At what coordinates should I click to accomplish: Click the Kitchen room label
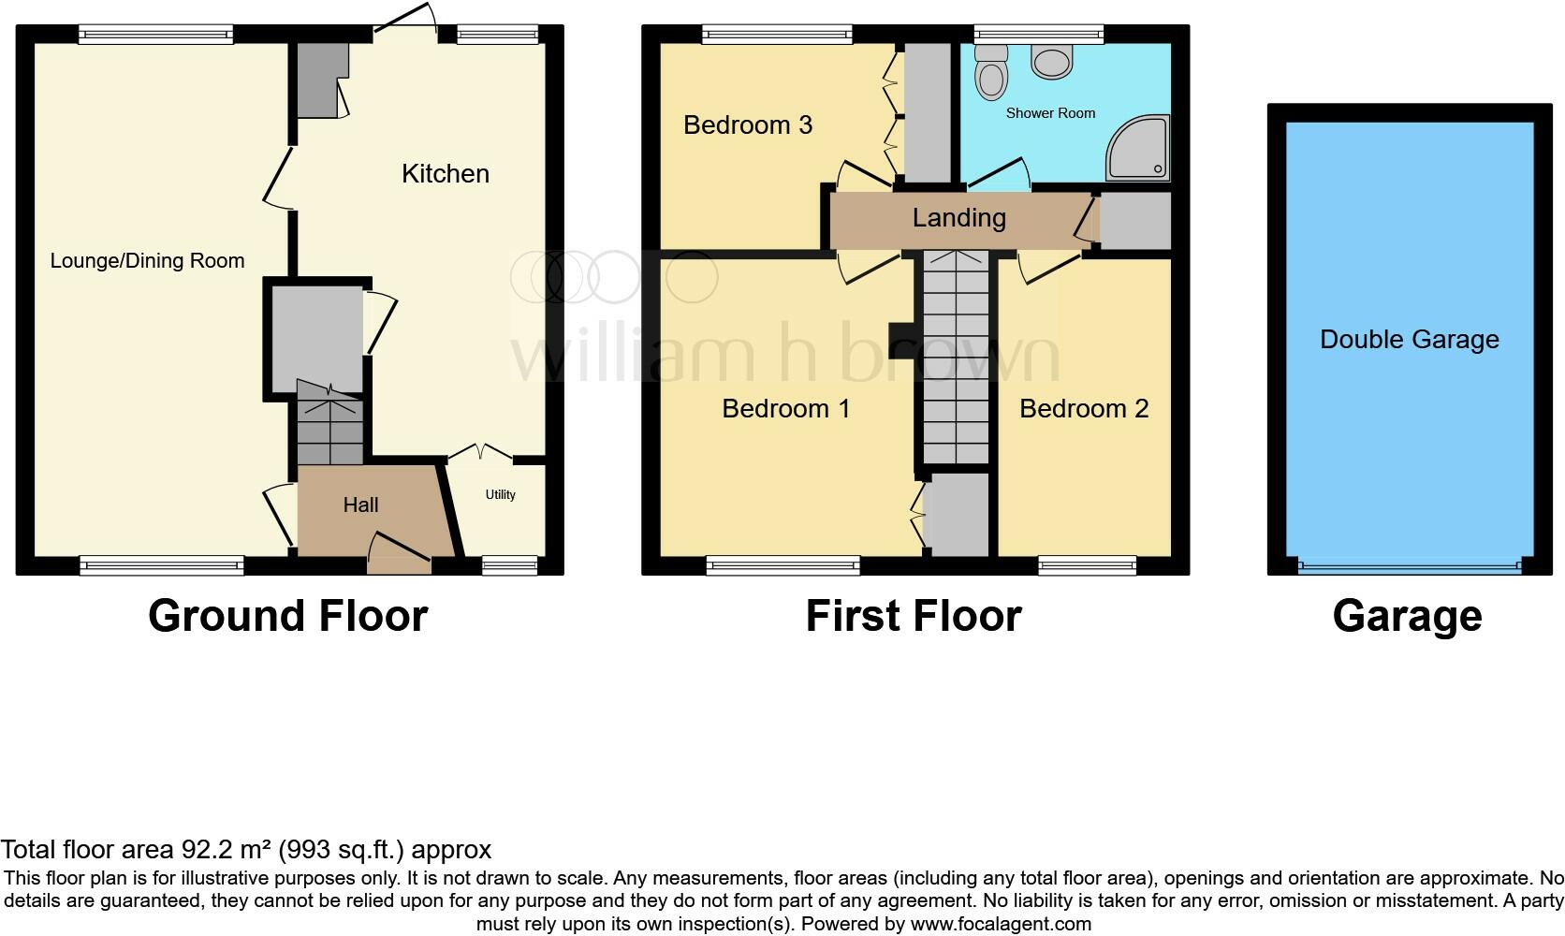click(x=445, y=174)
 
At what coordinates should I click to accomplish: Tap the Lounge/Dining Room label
click(x=147, y=261)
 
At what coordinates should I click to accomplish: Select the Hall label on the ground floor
click(x=360, y=505)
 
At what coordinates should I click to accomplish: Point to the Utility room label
click(x=500, y=495)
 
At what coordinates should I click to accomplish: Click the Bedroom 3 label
click(x=747, y=125)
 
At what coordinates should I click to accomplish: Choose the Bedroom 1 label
click(x=785, y=409)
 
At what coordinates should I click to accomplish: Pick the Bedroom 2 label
click(x=1083, y=409)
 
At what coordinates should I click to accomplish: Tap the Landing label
click(x=958, y=218)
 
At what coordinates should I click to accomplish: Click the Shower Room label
click(x=1050, y=113)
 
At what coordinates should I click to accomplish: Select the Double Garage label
click(x=1409, y=340)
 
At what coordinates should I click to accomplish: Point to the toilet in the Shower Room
click(x=989, y=71)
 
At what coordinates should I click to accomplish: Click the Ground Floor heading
click(x=287, y=616)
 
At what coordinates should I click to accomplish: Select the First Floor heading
click(x=913, y=616)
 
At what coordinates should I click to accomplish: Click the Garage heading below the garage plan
click(x=1407, y=616)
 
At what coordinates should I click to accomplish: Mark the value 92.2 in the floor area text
click(x=203, y=850)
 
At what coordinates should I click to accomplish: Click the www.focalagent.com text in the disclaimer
click(x=1001, y=924)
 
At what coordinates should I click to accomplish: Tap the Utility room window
click(x=509, y=564)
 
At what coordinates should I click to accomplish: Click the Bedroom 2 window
click(x=1087, y=564)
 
